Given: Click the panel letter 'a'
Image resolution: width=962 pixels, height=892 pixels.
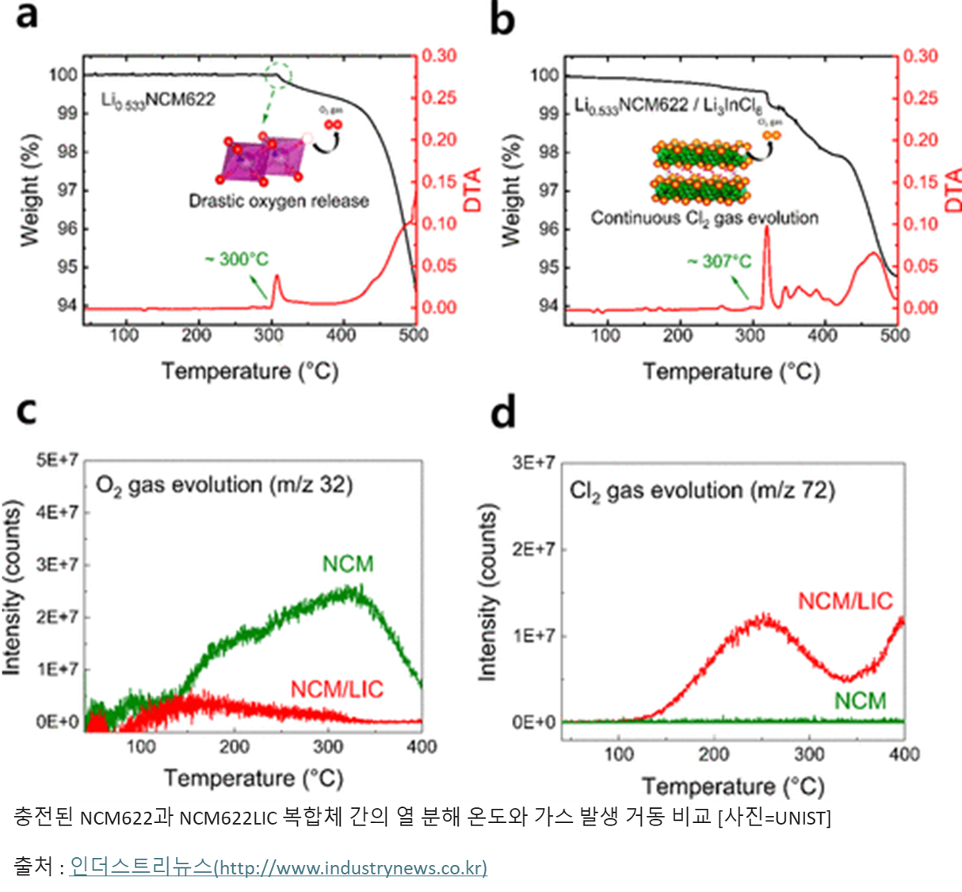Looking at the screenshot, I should [27, 16].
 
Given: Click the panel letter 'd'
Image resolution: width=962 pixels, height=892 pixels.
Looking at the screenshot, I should [503, 413].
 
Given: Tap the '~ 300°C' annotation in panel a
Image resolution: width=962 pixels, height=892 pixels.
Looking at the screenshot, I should [236, 259].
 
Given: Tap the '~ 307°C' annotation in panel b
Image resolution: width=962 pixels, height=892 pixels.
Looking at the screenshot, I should [719, 261].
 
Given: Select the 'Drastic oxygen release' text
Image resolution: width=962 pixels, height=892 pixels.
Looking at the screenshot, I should [279, 201].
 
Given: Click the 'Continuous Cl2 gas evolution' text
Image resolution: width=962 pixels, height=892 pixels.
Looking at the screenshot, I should [704, 218].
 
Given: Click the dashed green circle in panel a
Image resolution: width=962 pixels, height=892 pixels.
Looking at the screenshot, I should [278, 74].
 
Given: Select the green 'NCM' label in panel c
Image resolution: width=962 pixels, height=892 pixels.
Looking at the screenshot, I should [348, 565].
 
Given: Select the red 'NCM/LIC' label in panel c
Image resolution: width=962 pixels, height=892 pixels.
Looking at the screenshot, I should [337, 690].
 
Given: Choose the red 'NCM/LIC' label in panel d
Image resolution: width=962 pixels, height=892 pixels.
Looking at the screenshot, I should [845, 602].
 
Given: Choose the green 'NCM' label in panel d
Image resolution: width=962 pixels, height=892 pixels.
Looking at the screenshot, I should [860, 702].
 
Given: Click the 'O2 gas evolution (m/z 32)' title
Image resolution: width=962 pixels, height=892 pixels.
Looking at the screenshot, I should [224, 484].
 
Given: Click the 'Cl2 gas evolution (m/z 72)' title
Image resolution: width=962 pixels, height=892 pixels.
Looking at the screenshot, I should [702, 492].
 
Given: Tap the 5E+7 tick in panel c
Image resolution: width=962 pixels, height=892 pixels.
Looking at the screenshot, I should [57, 461].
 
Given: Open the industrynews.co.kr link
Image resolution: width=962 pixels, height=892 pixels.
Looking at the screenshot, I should [278, 867].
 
